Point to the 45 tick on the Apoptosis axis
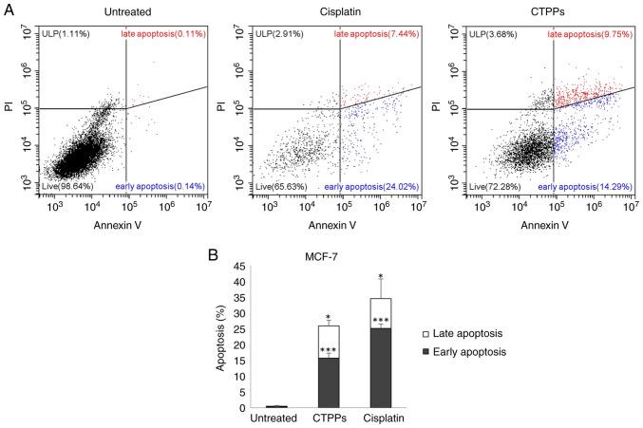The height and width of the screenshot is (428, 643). pyautogui.click(x=238, y=268)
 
